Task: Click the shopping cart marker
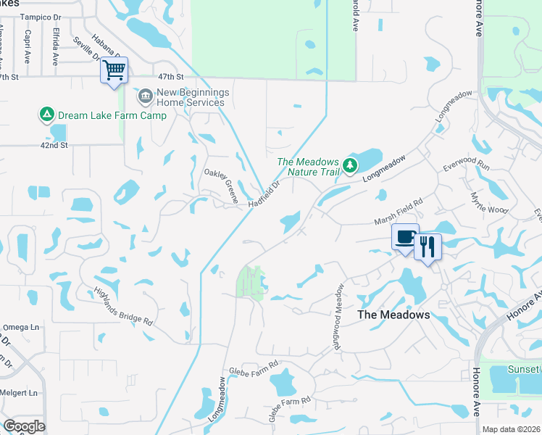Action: click(x=114, y=70)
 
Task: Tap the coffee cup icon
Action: click(x=405, y=236)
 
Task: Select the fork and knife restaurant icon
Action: click(x=428, y=246)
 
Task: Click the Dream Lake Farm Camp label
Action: click(x=112, y=115)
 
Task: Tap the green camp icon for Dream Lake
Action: click(x=46, y=115)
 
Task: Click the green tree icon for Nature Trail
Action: click(x=351, y=166)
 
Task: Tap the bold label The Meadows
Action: click(x=394, y=315)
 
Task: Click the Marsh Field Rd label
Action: click(x=398, y=213)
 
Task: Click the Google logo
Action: click(x=24, y=426)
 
